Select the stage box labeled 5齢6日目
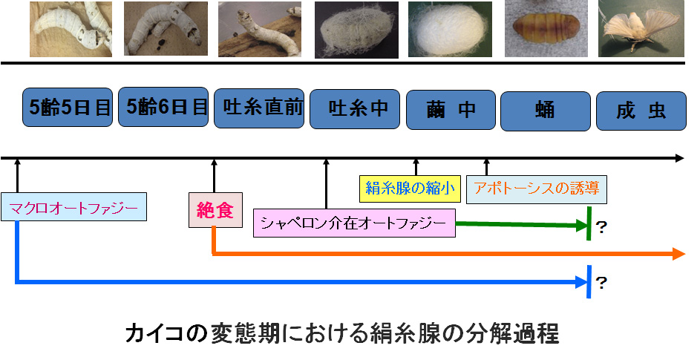tap(163, 107)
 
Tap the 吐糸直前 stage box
tap(259, 108)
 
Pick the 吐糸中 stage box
tap(355, 110)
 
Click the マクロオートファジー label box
tap(73, 208)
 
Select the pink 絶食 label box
tap(215, 211)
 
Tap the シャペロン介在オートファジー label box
tap(354, 223)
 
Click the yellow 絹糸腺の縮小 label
tap(410, 189)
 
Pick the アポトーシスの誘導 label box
tap(536, 189)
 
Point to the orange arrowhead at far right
tap(677, 254)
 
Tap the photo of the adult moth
tap(641, 30)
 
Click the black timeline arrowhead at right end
tap(678, 158)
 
